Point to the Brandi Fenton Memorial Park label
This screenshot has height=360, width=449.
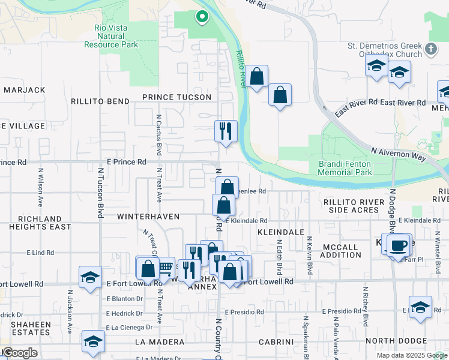[345, 168]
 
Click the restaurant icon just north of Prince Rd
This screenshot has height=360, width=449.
[226, 130]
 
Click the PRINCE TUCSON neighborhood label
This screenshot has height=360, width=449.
[176, 97]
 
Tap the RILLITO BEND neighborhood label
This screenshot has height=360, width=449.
[100, 102]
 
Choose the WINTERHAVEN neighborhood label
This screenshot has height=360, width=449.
[140, 215]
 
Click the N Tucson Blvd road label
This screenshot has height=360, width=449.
[100, 193]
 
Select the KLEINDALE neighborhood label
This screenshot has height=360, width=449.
[278, 231]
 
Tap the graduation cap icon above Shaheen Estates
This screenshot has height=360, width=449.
[90, 277]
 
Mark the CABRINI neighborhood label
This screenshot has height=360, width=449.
[275, 342]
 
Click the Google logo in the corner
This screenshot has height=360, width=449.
[19, 353]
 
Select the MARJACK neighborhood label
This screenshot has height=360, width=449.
[24, 90]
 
